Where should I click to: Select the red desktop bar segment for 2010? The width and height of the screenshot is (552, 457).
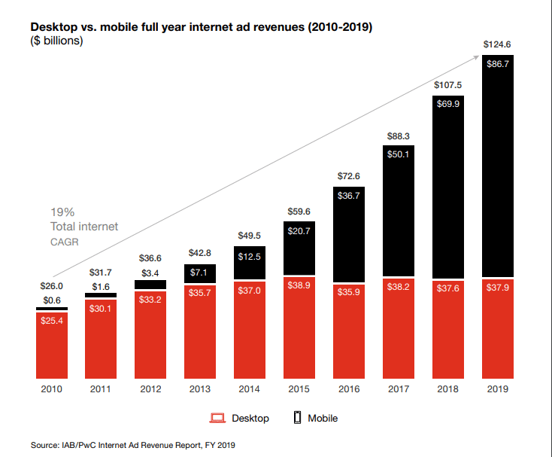[x=52, y=346]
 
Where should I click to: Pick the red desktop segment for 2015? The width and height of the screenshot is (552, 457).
[x=299, y=331]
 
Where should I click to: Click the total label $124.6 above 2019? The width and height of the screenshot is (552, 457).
[x=497, y=45]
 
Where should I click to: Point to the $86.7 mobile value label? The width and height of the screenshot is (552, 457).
[x=497, y=65]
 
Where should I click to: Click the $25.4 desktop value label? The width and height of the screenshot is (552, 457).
[x=52, y=321]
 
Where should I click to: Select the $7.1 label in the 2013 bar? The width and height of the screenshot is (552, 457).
[x=200, y=272]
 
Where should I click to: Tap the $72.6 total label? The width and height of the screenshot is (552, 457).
[x=349, y=175]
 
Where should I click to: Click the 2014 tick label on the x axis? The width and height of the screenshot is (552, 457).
[x=250, y=389]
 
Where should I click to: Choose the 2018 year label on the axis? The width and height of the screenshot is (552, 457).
[x=448, y=389]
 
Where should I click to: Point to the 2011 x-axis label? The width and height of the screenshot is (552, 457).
[x=102, y=389]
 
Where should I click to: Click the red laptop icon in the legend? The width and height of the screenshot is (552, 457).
[x=217, y=418]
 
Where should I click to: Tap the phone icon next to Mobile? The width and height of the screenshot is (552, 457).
[x=297, y=418]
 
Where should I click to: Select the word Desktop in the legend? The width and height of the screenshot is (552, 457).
[x=250, y=418]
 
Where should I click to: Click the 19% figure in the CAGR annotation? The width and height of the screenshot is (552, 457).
[x=62, y=212]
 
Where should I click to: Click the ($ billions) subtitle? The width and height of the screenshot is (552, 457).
[x=56, y=41]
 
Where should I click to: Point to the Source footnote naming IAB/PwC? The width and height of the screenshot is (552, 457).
[x=133, y=446]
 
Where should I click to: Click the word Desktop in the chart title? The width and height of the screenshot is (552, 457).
[x=52, y=27]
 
